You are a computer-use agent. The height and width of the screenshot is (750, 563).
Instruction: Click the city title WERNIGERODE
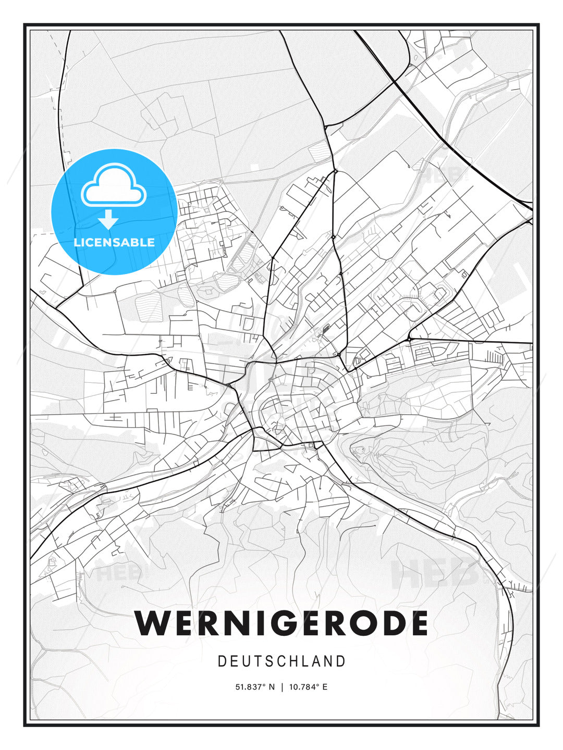click(281, 623)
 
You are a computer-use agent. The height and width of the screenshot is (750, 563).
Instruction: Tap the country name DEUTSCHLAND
click(281, 661)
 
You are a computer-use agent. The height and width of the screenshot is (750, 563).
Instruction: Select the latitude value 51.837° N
click(254, 687)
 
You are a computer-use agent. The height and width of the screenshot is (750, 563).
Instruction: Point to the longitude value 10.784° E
click(308, 687)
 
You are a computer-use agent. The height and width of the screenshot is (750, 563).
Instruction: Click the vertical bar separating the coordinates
click(282, 687)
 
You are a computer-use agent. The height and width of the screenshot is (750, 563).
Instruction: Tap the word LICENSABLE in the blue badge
click(114, 242)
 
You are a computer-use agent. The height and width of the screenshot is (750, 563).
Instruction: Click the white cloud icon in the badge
click(113, 185)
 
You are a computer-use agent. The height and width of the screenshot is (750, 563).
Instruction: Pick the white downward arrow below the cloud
click(108, 219)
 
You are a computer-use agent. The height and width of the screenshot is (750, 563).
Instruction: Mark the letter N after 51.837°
click(271, 687)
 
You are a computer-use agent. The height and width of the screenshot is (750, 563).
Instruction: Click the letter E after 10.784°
click(325, 687)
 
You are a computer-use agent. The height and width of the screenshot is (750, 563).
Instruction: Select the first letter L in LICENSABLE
click(77, 242)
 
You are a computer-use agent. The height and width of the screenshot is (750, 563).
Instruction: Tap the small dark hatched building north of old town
click(326, 329)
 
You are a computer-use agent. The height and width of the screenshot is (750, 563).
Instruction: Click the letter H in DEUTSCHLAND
click(295, 661)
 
